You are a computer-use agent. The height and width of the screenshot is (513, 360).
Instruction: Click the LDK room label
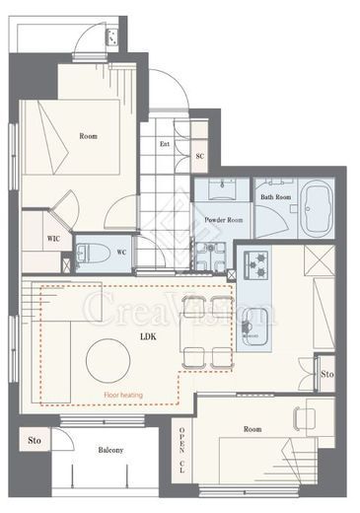[148, 336]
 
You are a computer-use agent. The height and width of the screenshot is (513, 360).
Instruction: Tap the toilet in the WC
[93, 253]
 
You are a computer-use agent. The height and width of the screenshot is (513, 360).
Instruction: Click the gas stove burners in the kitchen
[255, 263]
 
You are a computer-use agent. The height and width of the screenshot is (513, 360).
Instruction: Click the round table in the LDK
[108, 360]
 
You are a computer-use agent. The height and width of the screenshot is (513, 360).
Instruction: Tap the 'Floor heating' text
[123, 395]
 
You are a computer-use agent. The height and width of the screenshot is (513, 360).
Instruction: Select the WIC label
[53, 239]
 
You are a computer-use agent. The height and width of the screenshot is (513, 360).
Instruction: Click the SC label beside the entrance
[200, 156]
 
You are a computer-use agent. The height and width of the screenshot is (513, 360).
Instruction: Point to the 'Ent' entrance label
[165, 144]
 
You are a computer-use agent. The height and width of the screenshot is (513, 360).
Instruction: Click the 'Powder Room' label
[224, 220]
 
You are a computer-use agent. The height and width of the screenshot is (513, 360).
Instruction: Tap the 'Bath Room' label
[276, 197]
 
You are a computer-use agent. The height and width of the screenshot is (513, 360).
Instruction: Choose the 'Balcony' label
[110, 450]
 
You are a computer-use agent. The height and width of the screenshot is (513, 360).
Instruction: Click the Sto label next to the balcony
[35, 440]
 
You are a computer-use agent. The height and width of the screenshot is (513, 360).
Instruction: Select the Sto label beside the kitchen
[327, 374]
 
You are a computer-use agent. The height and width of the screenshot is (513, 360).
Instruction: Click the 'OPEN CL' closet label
[181, 450]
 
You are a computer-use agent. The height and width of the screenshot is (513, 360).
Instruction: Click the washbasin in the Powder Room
[223, 187]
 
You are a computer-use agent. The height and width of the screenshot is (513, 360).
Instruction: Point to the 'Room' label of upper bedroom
[88, 136]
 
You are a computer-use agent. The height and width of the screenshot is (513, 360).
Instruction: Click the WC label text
[121, 253]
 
